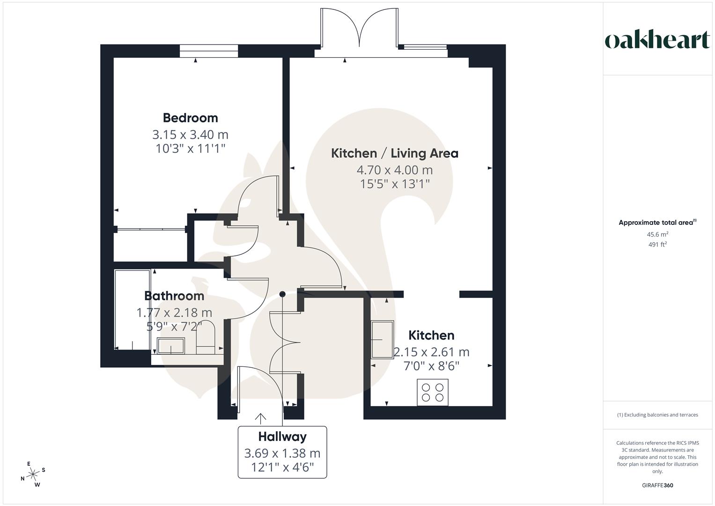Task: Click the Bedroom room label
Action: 190,118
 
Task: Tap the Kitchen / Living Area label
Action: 394,153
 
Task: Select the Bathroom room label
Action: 174,296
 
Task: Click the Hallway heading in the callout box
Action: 282,437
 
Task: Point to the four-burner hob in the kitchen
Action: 432,393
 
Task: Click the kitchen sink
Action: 383,340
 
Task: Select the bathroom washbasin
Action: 171,346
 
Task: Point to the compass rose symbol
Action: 33,475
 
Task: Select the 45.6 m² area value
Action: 657,234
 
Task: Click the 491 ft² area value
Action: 657,244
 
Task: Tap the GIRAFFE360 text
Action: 657,485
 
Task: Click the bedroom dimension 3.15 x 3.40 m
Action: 190,135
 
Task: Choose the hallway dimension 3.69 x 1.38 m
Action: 282,454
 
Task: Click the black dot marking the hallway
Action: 282,294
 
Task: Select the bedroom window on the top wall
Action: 209,51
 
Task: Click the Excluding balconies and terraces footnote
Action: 657,415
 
